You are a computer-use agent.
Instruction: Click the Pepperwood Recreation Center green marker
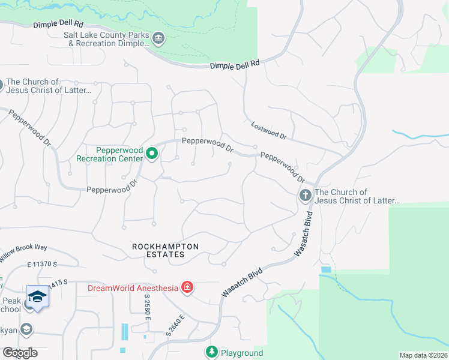tap(152, 154)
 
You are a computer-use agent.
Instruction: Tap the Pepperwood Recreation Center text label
tap(110, 154)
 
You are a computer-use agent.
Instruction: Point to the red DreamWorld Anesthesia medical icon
tap(187, 287)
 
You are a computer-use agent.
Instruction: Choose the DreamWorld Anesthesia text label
tap(133, 288)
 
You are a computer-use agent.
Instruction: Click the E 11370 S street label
tap(41, 264)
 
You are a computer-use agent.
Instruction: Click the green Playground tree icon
tap(211, 352)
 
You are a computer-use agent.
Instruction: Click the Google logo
tap(20, 353)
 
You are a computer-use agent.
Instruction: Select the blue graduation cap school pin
tap(37, 297)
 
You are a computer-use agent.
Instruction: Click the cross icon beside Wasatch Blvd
tap(305, 196)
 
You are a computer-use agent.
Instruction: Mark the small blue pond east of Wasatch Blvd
tap(325, 270)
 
